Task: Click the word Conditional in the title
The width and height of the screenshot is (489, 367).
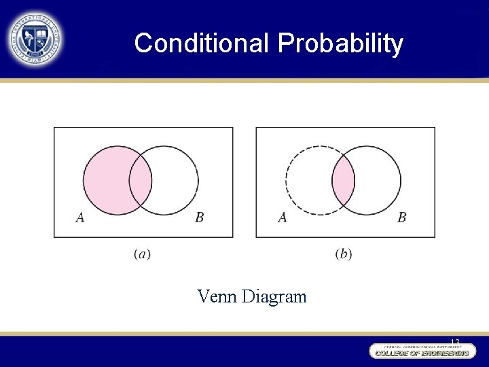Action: [202, 43]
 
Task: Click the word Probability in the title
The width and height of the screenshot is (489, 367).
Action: [340, 43]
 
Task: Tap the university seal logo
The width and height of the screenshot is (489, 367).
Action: [35, 39]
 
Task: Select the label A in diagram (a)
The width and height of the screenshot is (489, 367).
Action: [80, 217]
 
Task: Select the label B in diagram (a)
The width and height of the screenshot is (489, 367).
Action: [199, 217]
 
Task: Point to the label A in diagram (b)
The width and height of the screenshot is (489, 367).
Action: [282, 217]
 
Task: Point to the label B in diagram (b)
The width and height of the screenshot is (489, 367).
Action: [402, 217]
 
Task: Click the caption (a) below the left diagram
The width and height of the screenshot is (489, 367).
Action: [143, 254]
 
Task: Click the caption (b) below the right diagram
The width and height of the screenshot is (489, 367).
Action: [344, 254]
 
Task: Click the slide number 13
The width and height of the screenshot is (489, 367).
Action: [454, 341]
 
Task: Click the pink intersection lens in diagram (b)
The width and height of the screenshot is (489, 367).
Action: [343, 181]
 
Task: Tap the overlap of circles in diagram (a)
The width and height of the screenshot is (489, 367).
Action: [141, 181]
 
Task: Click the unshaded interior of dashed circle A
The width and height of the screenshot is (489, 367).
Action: [308, 181]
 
